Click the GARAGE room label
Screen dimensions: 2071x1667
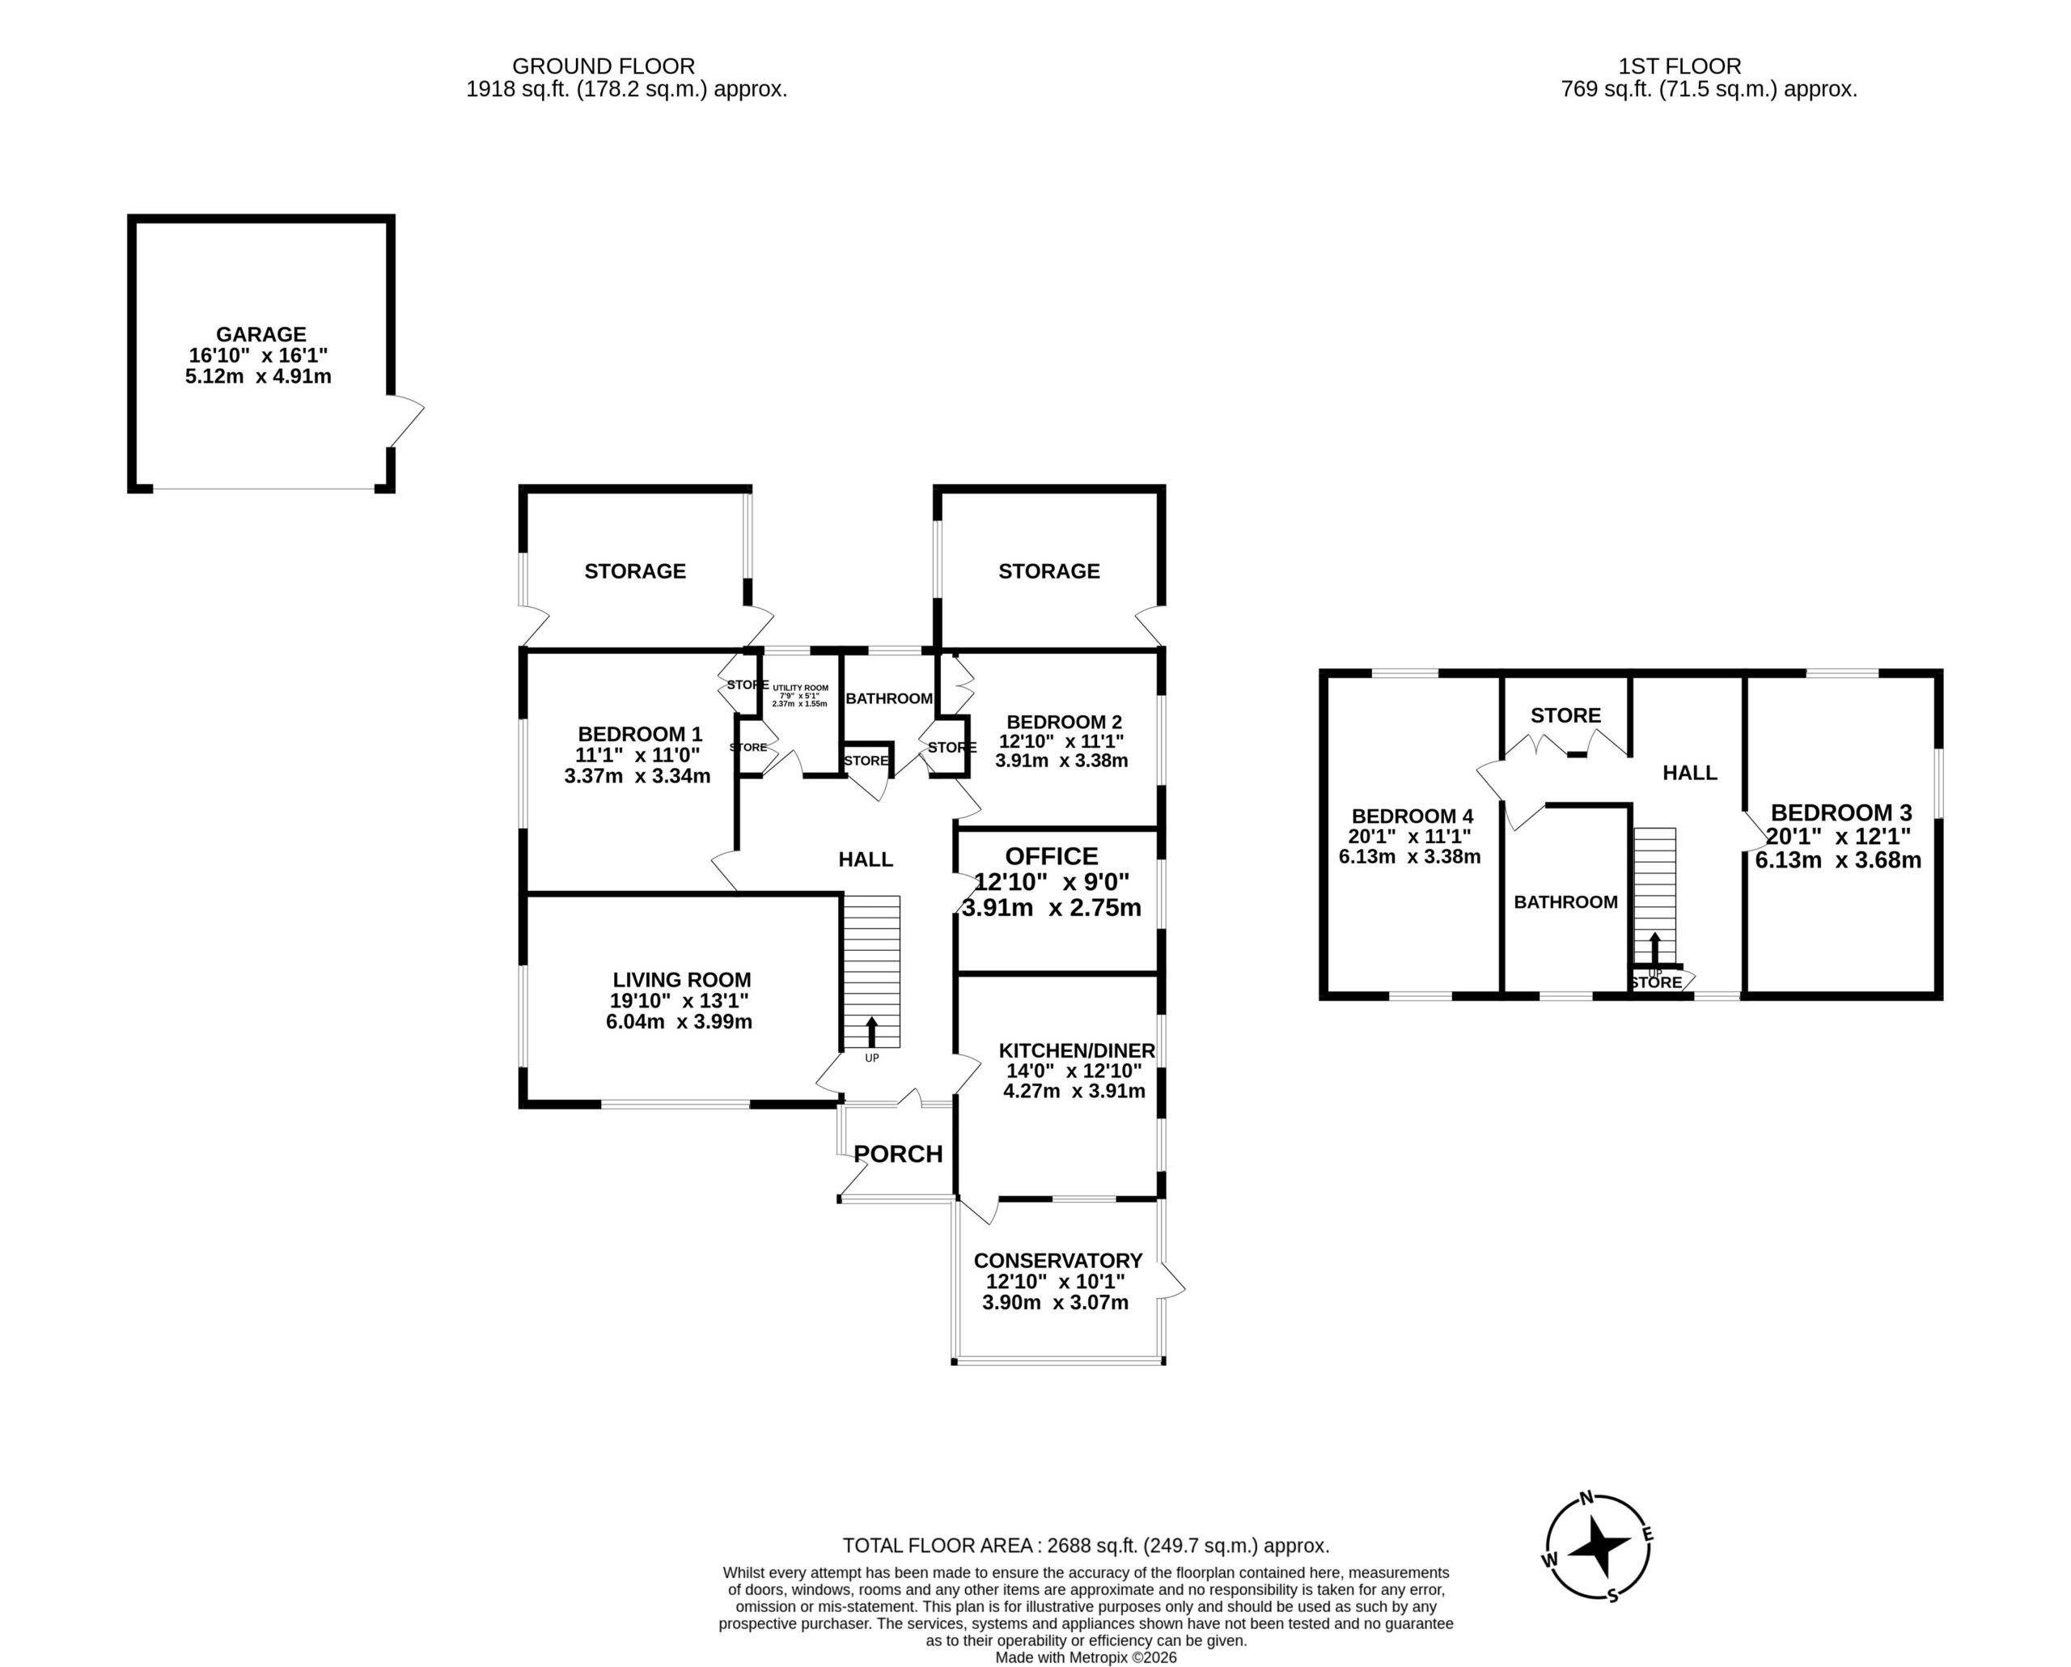click(261, 334)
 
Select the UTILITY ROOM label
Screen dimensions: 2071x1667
click(800, 688)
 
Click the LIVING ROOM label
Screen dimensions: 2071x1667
click(682, 980)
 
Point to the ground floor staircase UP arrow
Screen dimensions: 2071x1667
click(872, 1032)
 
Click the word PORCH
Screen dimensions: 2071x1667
click(898, 1154)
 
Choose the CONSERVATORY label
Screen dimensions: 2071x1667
click(1057, 1261)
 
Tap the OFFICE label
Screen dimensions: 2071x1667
click(1052, 856)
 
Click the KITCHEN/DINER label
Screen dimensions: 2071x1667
click(1077, 1050)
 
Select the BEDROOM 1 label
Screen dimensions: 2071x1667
click(640, 735)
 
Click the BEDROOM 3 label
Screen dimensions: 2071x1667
click(1841, 812)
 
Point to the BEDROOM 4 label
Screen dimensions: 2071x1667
click(1412, 817)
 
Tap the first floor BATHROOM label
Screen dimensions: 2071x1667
click(1565, 902)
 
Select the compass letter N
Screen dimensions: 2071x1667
click(1587, 1497)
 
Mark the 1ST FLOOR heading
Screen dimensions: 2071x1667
click(1680, 66)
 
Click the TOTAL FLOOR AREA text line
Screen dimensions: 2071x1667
click(1086, 1546)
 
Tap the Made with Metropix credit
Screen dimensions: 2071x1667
click(1086, 1657)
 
